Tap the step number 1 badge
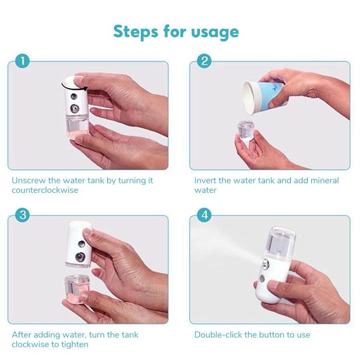tap(22, 61)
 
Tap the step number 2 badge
tap(204, 61)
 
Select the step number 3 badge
tap(22, 215)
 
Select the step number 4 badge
tap(204, 215)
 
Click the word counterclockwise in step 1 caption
tap(45, 190)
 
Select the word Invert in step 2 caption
tap(205, 181)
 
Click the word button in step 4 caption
tap(272, 335)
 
